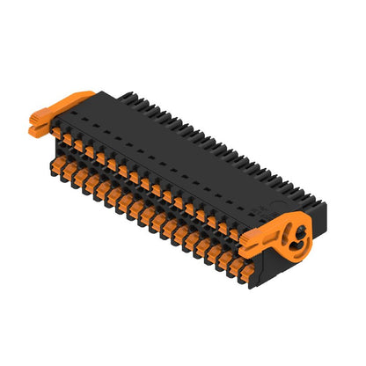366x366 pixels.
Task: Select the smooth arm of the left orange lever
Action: tap(74, 99)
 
